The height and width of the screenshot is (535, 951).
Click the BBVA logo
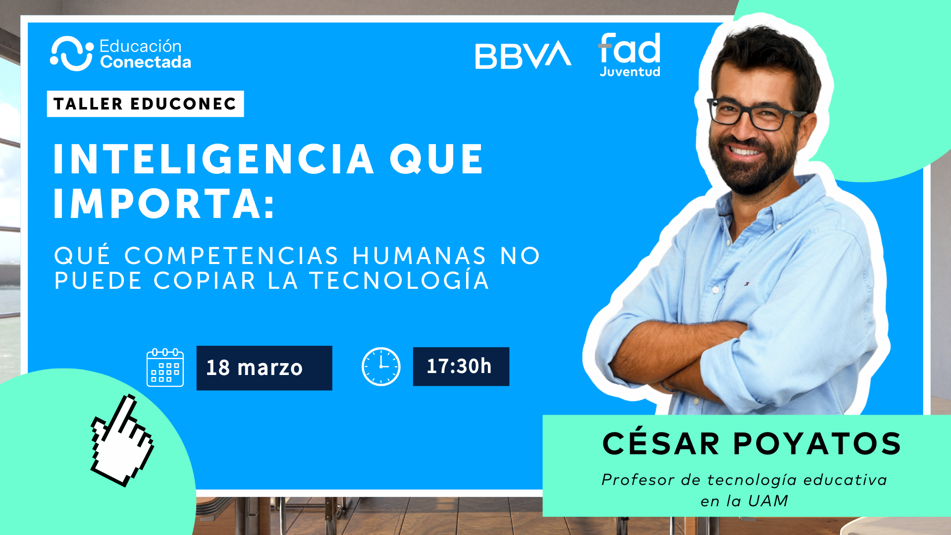(523, 55)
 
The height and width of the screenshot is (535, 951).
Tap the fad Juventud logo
(630, 55)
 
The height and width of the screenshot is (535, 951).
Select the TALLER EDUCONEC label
(145, 104)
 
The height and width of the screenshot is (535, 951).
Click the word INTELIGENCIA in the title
(213, 159)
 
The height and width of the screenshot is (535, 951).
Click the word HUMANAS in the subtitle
(419, 256)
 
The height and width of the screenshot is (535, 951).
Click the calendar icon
(165, 368)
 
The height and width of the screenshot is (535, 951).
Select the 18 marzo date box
(264, 368)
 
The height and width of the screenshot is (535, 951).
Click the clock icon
(381, 367)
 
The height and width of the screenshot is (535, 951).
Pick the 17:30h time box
(461, 367)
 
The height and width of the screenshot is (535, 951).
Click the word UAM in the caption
(768, 501)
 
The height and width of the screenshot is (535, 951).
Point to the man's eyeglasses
(755, 112)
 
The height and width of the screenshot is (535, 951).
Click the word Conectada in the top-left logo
(146, 62)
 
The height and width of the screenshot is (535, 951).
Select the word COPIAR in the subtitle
(205, 281)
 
